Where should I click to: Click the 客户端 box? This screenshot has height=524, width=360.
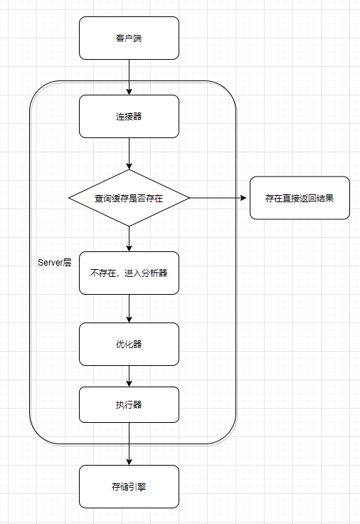click(x=129, y=38)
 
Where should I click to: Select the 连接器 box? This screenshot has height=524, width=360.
click(x=129, y=116)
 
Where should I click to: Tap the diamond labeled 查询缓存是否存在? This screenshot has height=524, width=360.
click(x=129, y=198)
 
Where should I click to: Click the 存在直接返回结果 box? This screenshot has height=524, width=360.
click(x=300, y=198)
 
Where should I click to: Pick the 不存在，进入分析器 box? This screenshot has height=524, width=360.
click(x=129, y=273)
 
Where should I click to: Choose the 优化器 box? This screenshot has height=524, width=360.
click(x=129, y=344)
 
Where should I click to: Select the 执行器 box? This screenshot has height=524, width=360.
click(x=129, y=404)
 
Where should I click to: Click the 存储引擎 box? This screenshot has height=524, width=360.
click(x=129, y=486)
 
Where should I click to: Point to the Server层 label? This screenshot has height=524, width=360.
click(x=55, y=262)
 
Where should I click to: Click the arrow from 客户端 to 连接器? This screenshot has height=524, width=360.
click(x=129, y=77)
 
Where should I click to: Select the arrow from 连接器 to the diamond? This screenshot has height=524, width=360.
click(x=129, y=154)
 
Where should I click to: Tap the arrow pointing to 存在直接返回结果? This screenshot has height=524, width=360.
click(x=218, y=198)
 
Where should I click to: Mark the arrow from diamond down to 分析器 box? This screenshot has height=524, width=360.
click(x=129, y=239)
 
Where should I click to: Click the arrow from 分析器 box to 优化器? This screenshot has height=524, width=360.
click(x=129, y=308)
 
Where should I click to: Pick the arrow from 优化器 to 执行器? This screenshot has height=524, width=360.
click(x=129, y=377)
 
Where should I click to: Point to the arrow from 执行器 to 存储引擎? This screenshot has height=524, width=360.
click(x=129, y=444)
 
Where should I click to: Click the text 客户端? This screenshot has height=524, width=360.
click(x=129, y=38)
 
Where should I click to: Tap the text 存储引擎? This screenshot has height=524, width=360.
click(x=129, y=486)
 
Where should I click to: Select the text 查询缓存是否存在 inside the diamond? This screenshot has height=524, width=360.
click(x=129, y=198)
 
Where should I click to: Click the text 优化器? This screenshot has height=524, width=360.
click(x=129, y=344)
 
